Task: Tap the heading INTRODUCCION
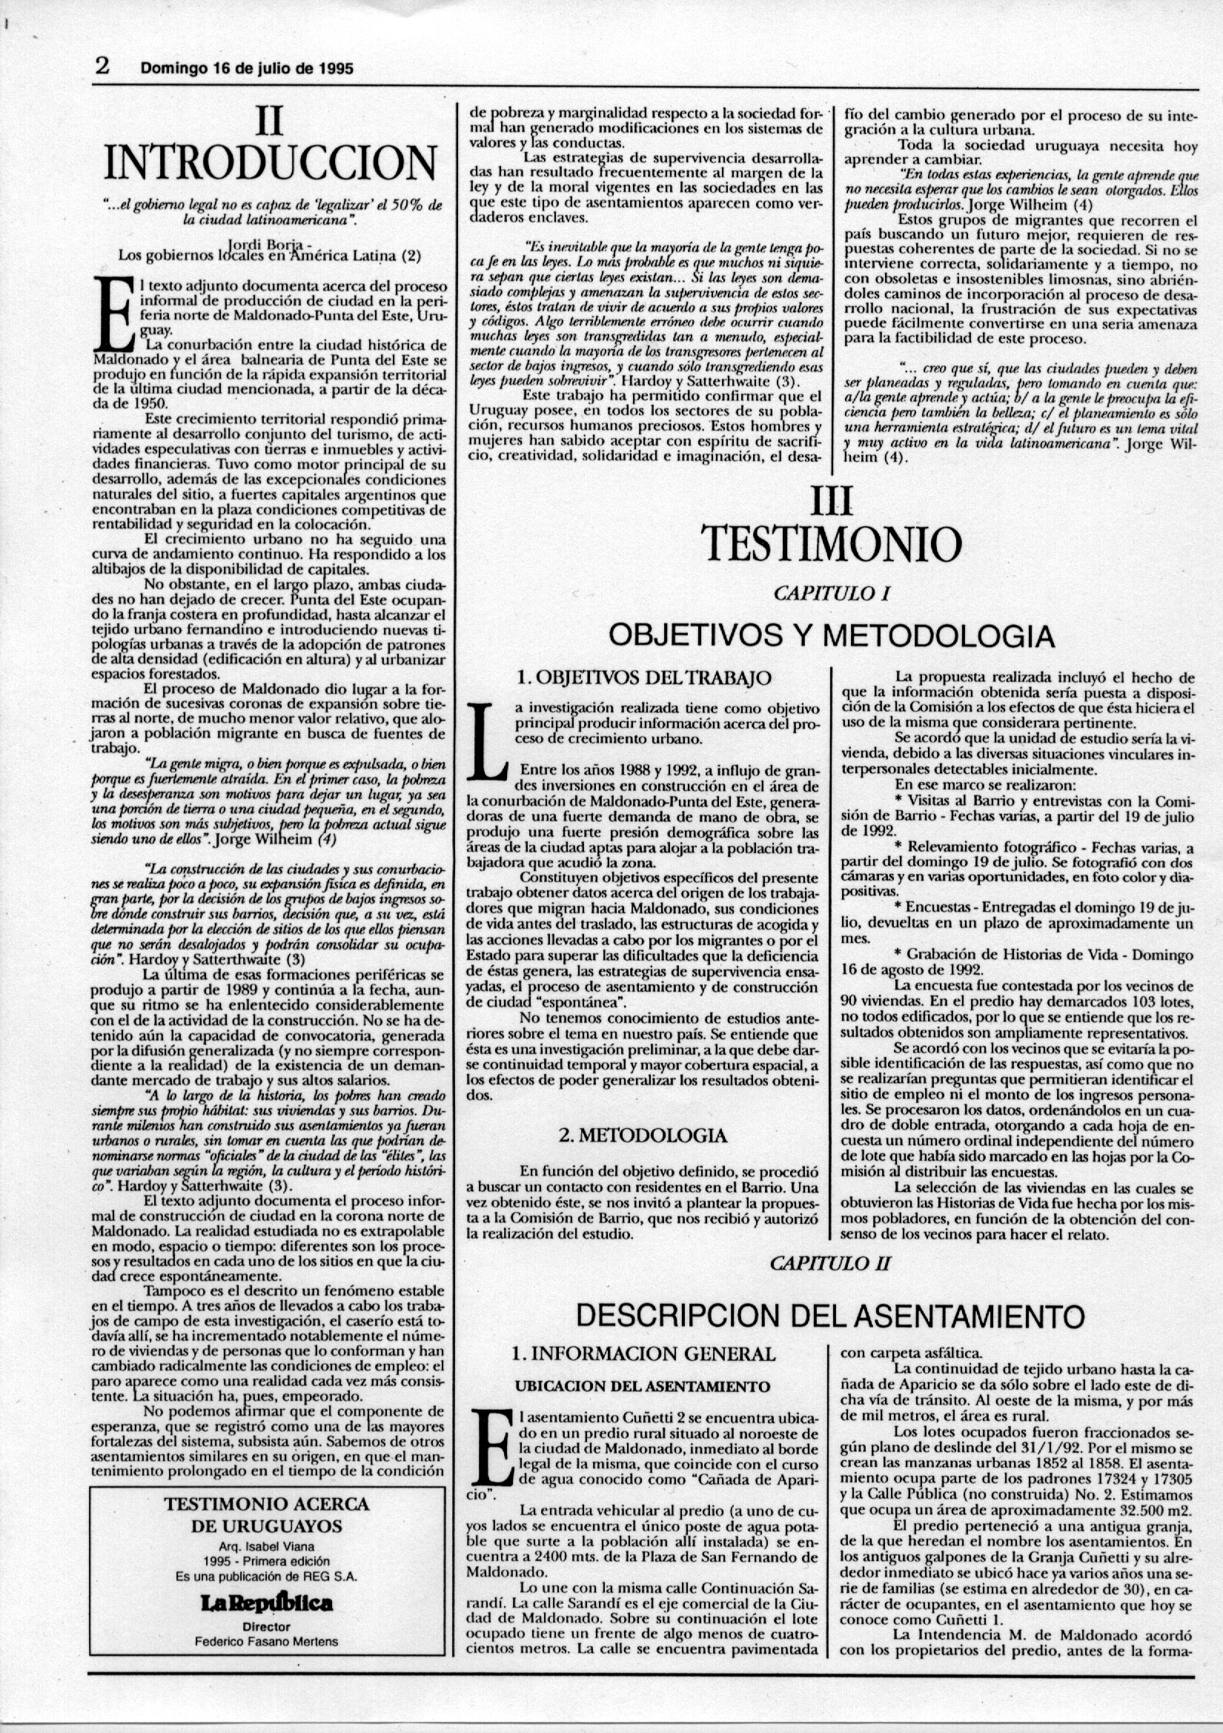[271, 163]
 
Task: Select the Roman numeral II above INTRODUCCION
[269, 120]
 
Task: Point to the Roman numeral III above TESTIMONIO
[830, 500]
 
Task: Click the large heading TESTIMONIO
[831, 540]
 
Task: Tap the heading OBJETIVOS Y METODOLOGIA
[831, 635]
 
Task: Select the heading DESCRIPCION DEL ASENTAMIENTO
[830, 1316]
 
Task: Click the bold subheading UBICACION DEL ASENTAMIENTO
[643, 1386]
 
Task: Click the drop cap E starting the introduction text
[113, 317]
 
